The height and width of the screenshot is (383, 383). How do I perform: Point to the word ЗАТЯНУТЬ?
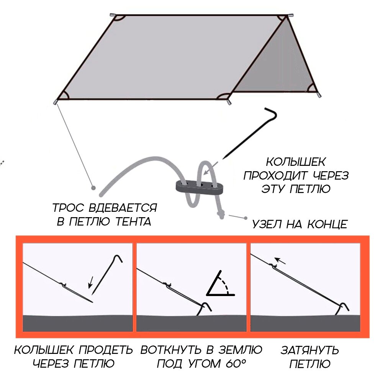coord(310,350)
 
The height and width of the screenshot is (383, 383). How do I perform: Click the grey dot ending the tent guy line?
coord(93,188)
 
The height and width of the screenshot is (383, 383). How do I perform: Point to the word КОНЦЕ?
coord(327,224)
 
